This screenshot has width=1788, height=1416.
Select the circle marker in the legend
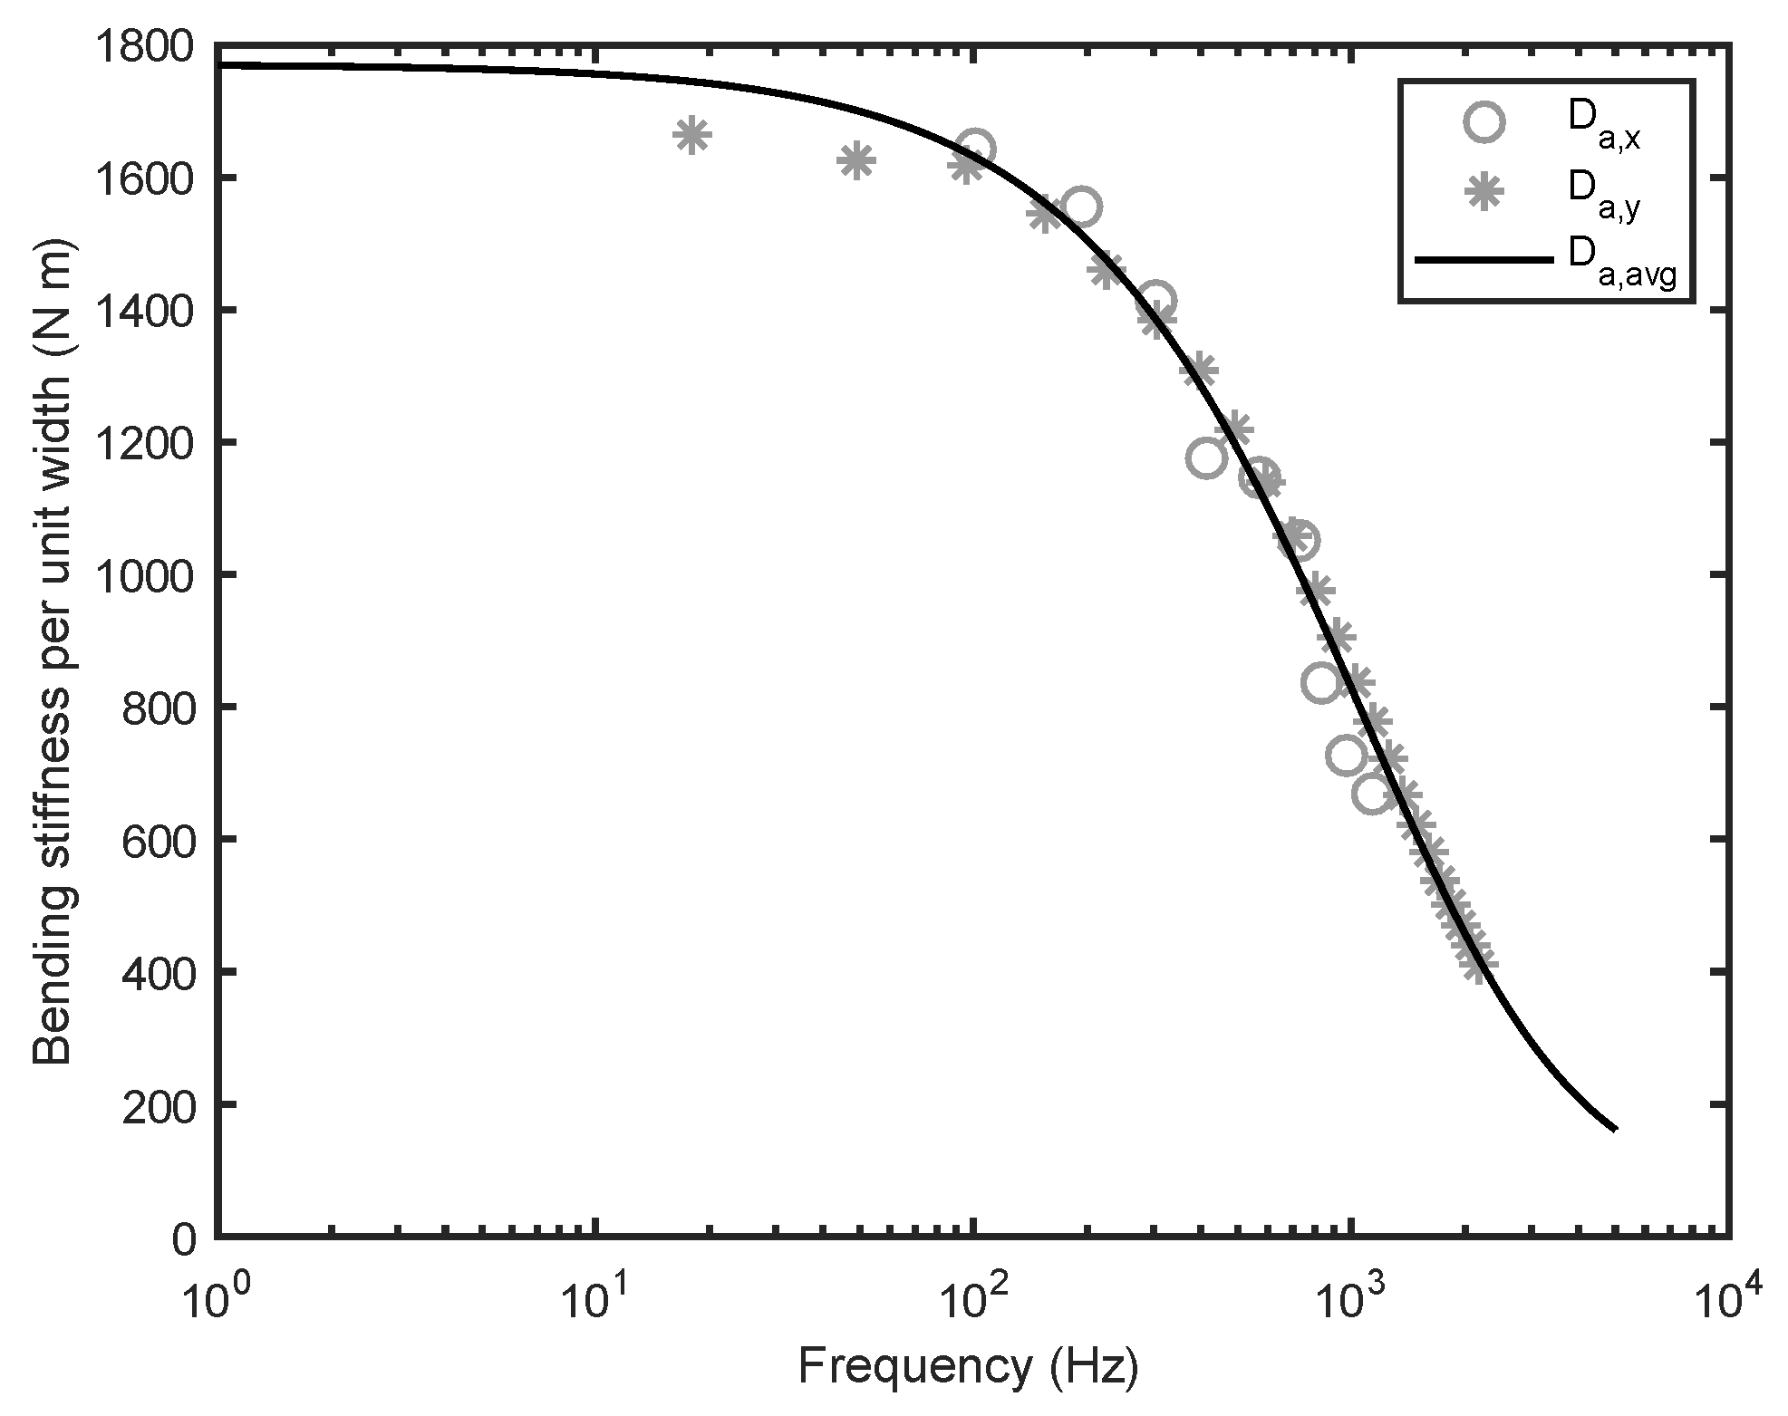1484,122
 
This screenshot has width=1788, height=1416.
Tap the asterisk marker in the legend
1484,190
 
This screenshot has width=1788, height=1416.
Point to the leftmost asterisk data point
691,136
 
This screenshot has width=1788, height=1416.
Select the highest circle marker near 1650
976,149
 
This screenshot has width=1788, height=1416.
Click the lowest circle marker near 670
1372,795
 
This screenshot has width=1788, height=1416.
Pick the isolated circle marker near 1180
1205,458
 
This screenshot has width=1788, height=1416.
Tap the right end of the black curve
1615,1129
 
